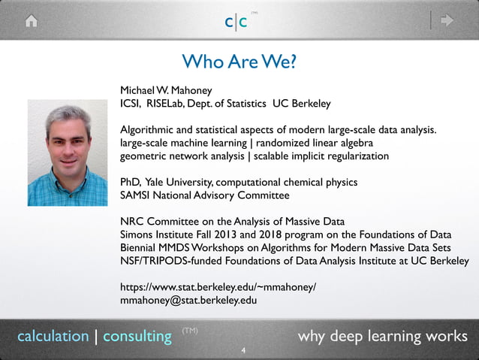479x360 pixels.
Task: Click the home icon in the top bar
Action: tap(31, 21)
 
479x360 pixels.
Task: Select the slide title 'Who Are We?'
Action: tap(239, 61)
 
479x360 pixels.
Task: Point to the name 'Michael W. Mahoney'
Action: tap(164, 89)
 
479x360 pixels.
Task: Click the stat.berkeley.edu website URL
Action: tap(218, 287)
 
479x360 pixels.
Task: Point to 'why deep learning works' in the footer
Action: tap(382, 335)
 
